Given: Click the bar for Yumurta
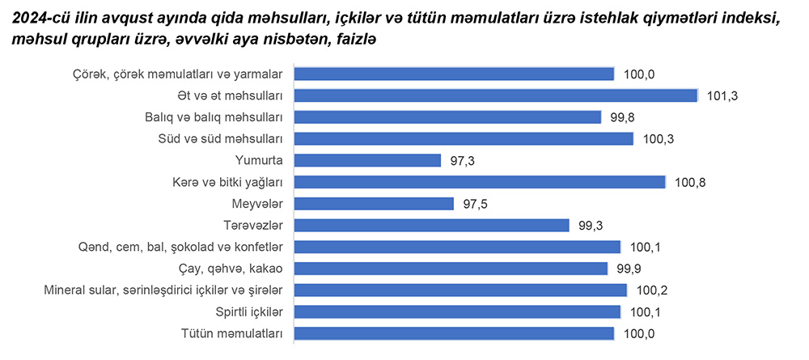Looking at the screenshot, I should click(x=367, y=160).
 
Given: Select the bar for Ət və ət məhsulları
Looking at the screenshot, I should click(x=495, y=95).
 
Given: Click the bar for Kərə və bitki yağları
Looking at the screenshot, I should click(x=479, y=182).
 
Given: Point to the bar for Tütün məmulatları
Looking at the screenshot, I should click(x=454, y=332).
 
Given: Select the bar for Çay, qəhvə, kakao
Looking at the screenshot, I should click(x=451, y=268).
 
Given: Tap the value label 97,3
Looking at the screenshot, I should click(x=462, y=160).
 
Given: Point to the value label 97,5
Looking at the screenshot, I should click(x=475, y=203).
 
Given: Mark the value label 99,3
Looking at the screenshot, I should click(x=590, y=225).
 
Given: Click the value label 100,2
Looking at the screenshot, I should click(x=651, y=290).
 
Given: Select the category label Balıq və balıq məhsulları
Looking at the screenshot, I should click(x=213, y=117).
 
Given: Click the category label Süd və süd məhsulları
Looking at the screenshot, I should click(x=219, y=138).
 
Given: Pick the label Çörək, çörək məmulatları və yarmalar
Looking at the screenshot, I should click(x=176, y=74).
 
